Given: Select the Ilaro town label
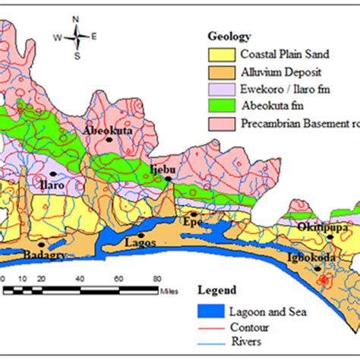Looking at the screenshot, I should pyautogui.click(x=52, y=184).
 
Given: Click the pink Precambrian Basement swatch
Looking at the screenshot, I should pyautogui.click(x=221, y=124).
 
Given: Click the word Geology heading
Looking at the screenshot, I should pyautogui.click(x=229, y=36).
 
